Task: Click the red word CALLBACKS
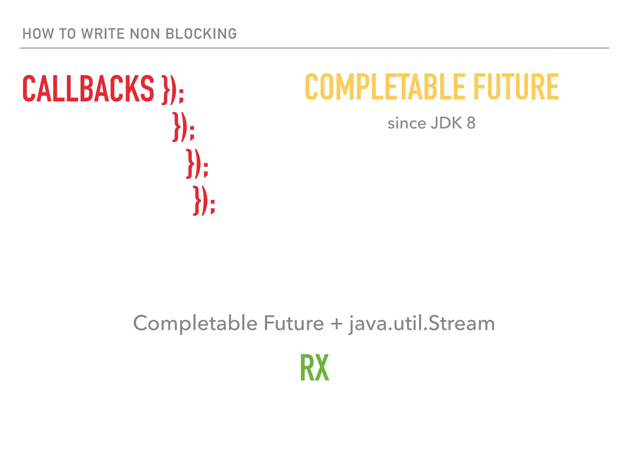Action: pos(88,88)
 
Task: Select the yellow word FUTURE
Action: pos(516,87)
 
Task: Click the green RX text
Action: pos(314,368)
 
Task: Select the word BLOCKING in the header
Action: pos(201,34)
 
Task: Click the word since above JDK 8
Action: pos(407,124)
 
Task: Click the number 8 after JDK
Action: pos(471,124)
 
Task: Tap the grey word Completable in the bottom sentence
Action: pos(195,323)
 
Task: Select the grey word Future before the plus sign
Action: pos(294,323)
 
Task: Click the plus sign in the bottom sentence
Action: pos(337,324)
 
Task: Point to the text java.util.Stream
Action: pos(422,324)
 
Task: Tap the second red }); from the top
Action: pos(183,127)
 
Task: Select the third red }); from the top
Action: pos(197,163)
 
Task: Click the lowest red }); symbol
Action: pos(204,200)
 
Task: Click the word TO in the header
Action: pos(67,34)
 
